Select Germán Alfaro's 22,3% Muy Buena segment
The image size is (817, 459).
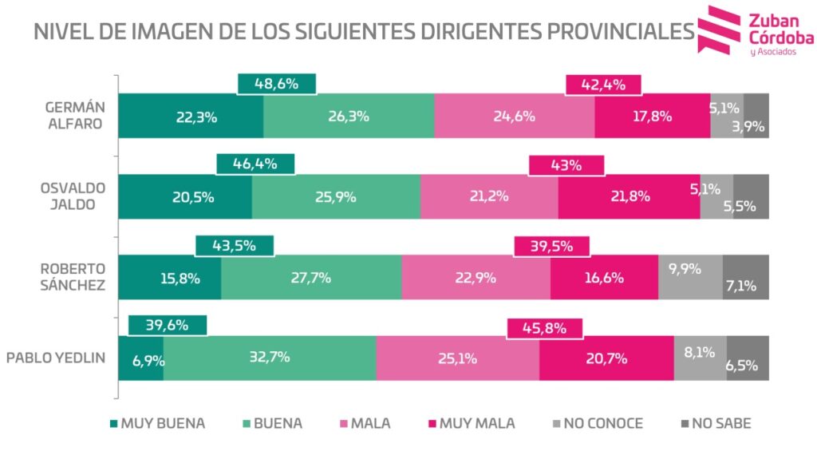click(191, 116)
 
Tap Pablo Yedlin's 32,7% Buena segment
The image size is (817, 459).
click(270, 358)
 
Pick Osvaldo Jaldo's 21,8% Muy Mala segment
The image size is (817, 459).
click(629, 196)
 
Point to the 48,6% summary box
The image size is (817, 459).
click(277, 83)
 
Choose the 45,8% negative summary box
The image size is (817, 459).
click(545, 326)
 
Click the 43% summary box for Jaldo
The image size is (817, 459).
click(566, 165)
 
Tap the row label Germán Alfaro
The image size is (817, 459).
click(73, 116)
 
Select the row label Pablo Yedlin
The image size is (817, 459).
click(56, 358)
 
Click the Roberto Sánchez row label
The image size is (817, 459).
click(73, 277)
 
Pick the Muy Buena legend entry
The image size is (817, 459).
click(156, 424)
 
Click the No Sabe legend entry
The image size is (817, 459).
click(716, 424)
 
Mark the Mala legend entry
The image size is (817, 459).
click(365, 424)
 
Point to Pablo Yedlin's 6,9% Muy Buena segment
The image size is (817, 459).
click(141, 358)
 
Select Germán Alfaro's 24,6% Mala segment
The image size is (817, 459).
click(514, 116)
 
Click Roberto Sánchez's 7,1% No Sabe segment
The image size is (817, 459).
click(746, 277)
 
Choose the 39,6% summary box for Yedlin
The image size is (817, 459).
click(168, 325)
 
